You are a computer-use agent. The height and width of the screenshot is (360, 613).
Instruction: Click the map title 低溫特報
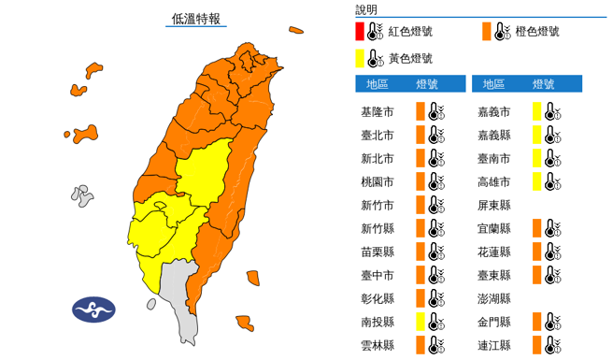tap(197, 18)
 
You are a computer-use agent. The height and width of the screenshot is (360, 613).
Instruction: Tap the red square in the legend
tap(360, 32)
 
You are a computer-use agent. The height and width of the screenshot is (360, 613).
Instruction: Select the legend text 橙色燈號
tap(537, 32)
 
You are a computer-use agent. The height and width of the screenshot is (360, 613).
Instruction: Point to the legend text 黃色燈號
tap(410, 59)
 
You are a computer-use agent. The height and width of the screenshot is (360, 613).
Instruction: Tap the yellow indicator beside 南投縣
tap(421, 323)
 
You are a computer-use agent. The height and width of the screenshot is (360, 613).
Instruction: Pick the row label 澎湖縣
tap(493, 299)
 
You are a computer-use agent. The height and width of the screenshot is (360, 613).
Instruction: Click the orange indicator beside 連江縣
tap(536, 346)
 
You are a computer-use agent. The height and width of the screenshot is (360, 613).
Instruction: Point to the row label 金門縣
tap(493, 323)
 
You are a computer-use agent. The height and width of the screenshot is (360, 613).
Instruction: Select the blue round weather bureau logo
tap(93, 310)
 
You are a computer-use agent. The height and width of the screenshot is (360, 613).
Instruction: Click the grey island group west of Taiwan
tap(82, 195)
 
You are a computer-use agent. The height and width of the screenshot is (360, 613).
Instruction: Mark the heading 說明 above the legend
tap(366, 9)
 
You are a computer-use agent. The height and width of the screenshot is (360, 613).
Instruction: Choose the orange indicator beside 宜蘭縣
tap(536, 229)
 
